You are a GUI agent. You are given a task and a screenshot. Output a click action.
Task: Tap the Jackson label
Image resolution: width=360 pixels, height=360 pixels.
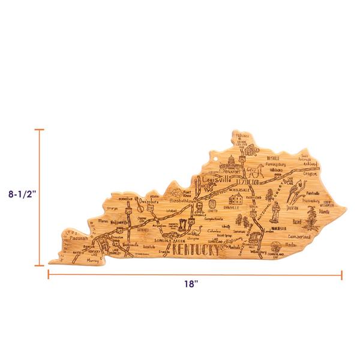[x=292, y=208]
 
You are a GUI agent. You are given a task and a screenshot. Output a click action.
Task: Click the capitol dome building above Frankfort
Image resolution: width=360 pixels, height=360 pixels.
[x=232, y=162]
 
